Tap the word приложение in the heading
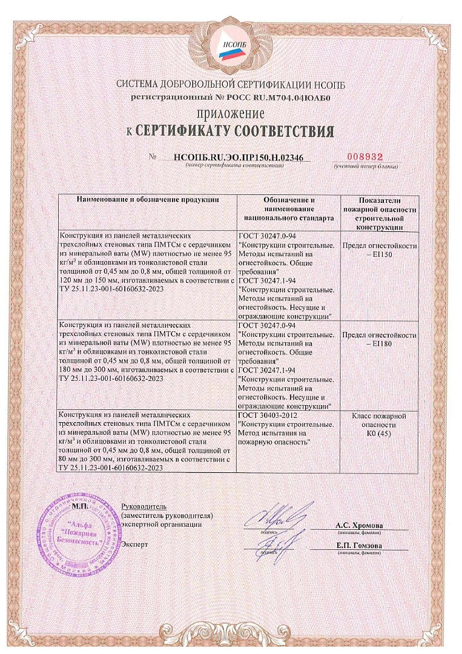point(230,113)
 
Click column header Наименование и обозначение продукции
point(148,200)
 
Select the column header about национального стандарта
point(289,207)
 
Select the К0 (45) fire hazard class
point(379,425)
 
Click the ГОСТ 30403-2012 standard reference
point(268,416)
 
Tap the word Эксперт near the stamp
point(134,544)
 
